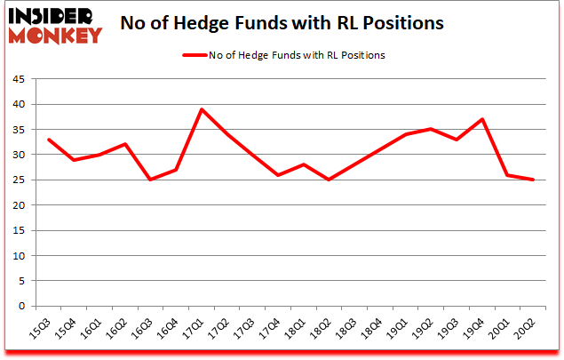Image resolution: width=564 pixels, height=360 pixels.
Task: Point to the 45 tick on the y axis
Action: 18,78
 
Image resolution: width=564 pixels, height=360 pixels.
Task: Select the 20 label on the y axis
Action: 18,205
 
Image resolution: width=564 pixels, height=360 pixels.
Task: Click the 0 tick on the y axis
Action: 21,307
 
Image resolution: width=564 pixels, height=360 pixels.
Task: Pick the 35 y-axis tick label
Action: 18,129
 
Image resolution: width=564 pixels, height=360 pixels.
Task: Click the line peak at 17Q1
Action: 203,109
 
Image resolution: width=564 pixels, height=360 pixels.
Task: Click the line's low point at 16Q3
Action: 151,180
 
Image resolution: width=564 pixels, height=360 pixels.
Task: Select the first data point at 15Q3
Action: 48,140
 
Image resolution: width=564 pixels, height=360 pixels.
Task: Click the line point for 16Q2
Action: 125,144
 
